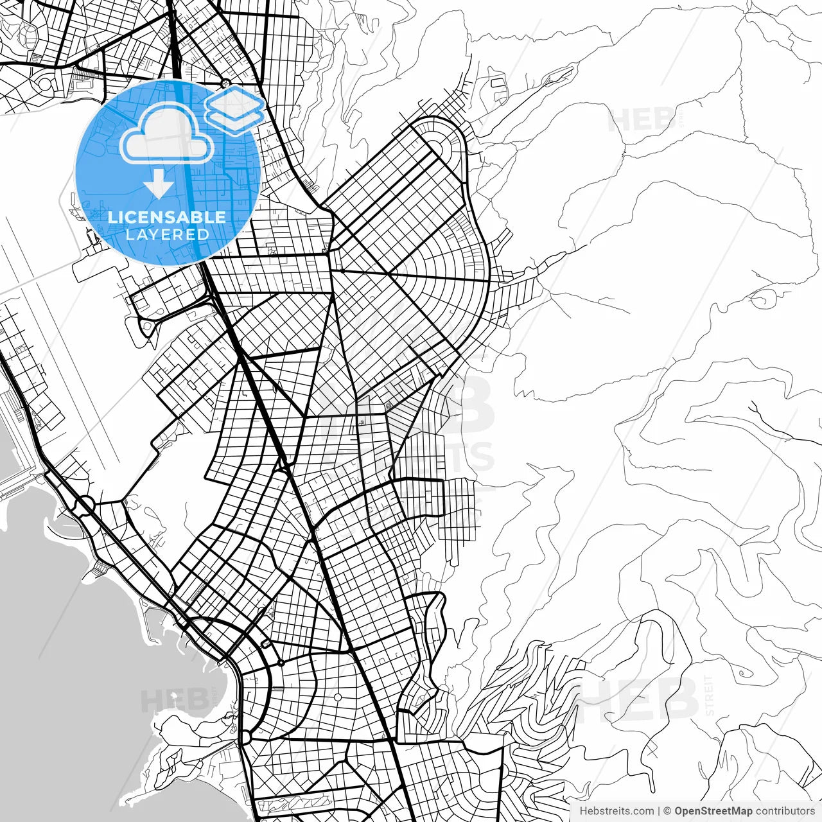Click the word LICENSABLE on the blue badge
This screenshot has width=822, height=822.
[167, 217]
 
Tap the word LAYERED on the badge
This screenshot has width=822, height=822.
[167, 234]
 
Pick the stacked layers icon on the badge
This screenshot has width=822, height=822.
[234, 108]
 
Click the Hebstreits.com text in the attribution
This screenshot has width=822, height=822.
[616, 811]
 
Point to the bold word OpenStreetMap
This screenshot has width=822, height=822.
[713, 811]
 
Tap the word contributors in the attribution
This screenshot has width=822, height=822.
[785, 811]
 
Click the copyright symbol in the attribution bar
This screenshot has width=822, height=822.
[667, 811]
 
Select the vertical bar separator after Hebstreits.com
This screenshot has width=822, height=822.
[659, 811]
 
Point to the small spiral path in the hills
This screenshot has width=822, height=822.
[745, 674]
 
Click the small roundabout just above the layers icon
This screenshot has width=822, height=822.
[225, 82]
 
